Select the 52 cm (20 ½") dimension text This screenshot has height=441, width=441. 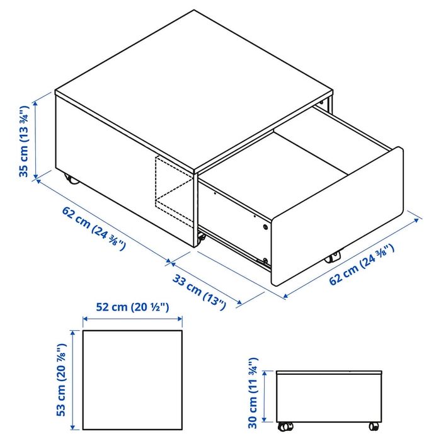tap(132, 308)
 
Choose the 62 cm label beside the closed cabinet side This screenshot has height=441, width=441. tap(93, 227)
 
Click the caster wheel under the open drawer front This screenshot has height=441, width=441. tap(332, 257)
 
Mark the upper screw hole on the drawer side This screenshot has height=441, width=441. tap(265, 226)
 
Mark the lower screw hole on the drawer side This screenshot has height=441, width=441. tap(266, 260)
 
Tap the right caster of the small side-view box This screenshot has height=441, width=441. tap(374, 426)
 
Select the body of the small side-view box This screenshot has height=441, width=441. tap(329, 397)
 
